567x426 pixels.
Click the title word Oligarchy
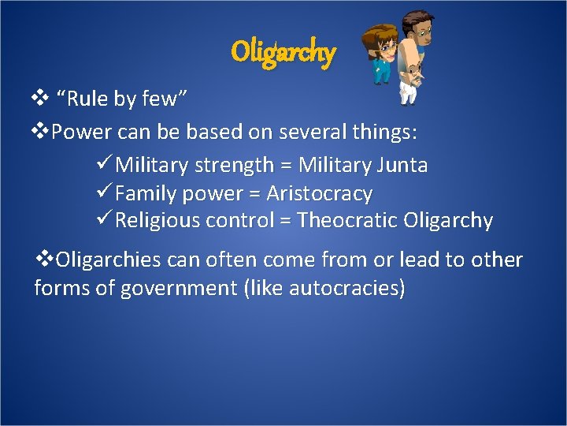coord(283,53)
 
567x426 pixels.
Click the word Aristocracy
coord(319,192)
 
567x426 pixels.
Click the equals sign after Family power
coord(254,193)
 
